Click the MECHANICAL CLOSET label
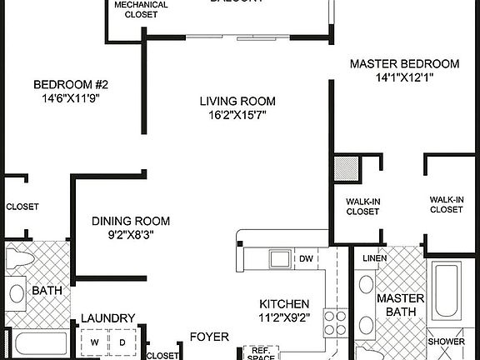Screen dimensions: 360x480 (x=141, y=9)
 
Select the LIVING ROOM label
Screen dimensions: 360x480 (x=237, y=102)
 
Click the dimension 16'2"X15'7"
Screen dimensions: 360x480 (x=237, y=116)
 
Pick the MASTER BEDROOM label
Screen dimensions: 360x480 (x=404, y=63)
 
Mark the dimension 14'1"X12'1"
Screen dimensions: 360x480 (x=404, y=77)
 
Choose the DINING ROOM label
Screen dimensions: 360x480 (x=131, y=221)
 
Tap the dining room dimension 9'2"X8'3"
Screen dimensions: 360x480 (x=131, y=234)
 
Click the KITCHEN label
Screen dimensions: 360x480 (x=284, y=303)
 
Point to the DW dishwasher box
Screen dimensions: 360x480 (x=306, y=259)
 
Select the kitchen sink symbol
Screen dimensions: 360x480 (x=277, y=259)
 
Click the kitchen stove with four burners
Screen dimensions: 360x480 (x=334, y=321)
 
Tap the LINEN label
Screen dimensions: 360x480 (x=373, y=259)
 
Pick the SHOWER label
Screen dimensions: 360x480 (x=446, y=342)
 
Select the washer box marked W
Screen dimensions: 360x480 (x=94, y=342)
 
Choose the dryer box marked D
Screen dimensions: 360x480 (x=122, y=342)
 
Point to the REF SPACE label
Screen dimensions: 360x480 (x=261, y=353)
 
